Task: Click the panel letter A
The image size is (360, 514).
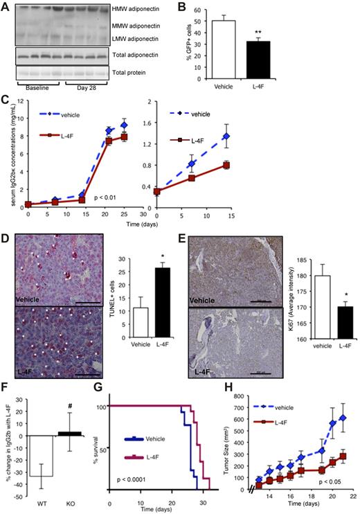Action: (6, 7)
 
